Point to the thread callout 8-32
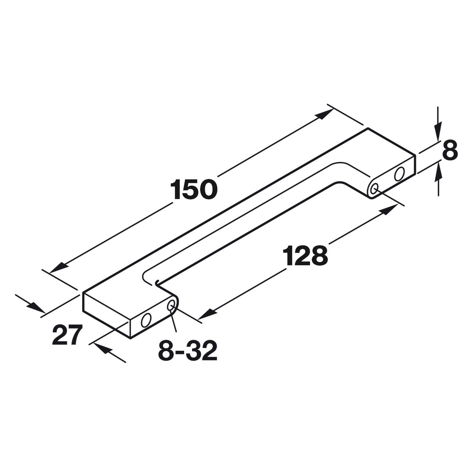click(x=188, y=350)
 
